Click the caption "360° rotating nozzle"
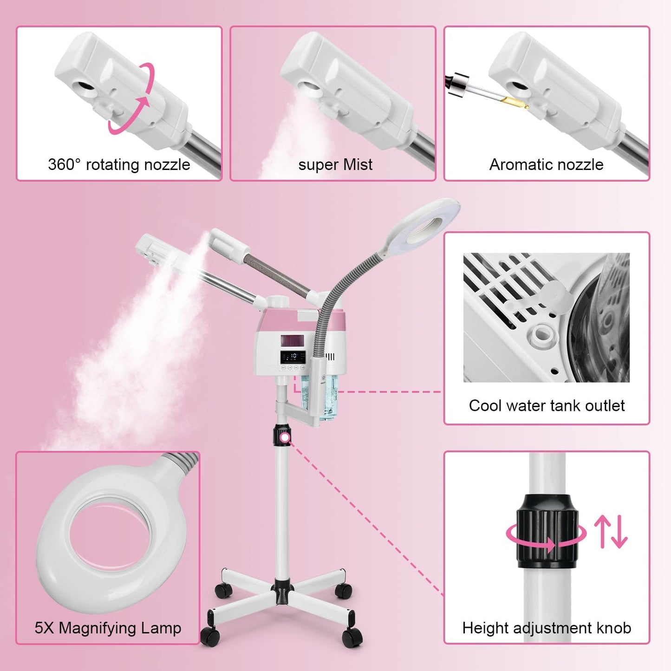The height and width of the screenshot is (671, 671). point(119,164)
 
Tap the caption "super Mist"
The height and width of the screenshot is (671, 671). point(335,164)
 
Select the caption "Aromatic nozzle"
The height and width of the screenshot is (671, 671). point(546,164)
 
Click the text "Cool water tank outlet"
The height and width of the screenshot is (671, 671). point(547,405)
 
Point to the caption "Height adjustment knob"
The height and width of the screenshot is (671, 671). point(547,628)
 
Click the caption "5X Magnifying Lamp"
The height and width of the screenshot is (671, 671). point(108,628)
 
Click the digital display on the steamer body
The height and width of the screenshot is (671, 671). point(293,357)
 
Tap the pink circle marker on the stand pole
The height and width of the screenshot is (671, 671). point(285,437)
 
